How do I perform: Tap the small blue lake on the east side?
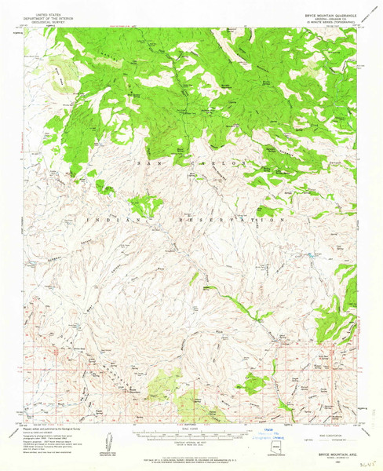(313, 255)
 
